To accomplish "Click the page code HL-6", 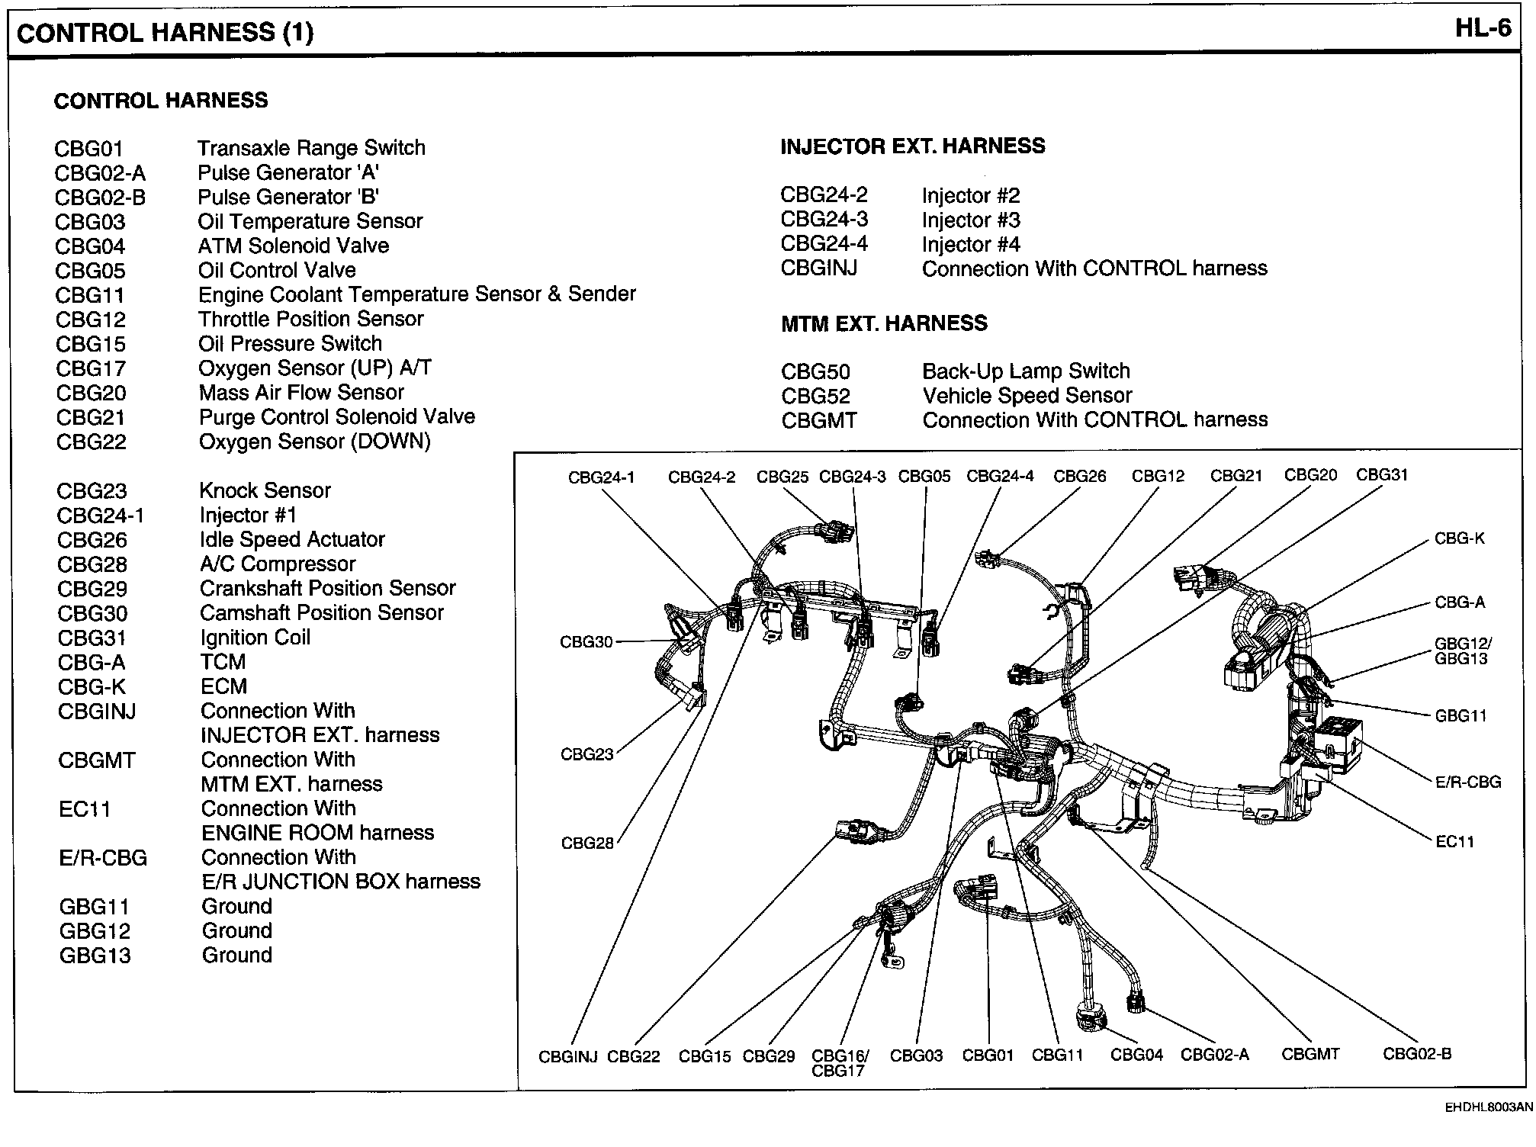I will click(1482, 29).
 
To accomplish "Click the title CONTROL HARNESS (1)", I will click(165, 33).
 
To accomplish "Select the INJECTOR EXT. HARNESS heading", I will click(912, 146).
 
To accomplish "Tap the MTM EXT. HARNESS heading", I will click(884, 323).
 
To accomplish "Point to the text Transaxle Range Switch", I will click(311, 148).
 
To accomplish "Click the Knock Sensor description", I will click(265, 490).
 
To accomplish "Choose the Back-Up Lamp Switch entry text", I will click(1026, 371).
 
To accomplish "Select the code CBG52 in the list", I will click(815, 397).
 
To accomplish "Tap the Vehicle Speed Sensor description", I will click(1027, 396).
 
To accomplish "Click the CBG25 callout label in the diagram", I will click(782, 477).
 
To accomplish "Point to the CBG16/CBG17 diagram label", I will click(840, 1063).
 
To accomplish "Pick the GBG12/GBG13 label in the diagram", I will click(1462, 651).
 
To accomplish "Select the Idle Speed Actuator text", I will click(292, 540).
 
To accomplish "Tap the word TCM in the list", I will click(223, 662).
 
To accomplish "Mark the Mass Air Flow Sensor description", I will click(301, 393).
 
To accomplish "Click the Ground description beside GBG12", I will click(236, 931).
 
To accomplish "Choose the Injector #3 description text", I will click(971, 220).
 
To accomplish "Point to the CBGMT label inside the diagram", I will click(1310, 1055).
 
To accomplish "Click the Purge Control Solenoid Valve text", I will click(336, 417).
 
